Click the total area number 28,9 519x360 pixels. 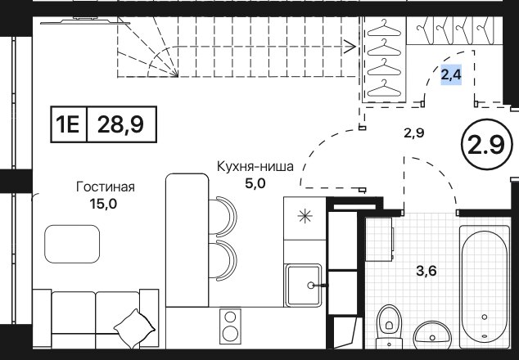pyautogui.click(x=121, y=124)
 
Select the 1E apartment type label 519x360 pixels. pyautogui.click(x=68, y=124)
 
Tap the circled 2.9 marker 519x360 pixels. pyautogui.click(x=485, y=145)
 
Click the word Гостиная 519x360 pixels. pyautogui.click(x=106, y=187)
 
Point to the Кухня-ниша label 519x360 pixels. pyautogui.click(x=255, y=166)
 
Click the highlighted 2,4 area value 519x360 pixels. pyautogui.click(x=451, y=74)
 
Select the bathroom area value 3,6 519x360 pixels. pyautogui.click(x=426, y=272)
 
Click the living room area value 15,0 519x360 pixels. pyautogui.click(x=103, y=205)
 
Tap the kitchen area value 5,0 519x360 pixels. pyautogui.click(x=255, y=183)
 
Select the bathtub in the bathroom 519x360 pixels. pyautogui.click(x=485, y=286)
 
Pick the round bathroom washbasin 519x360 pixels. pyautogui.click(x=432, y=335)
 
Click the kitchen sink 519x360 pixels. pyautogui.click(x=304, y=285)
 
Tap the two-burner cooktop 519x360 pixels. pyautogui.click(x=230, y=326)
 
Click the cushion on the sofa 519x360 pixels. pyautogui.click(x=134, y=329)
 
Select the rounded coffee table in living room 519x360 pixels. pyautogui.click(x=72, y=244)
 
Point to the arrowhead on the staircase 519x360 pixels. pyautogui.click(x=350, y=47)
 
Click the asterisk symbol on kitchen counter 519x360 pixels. pyautogui.click(x=305, y=216)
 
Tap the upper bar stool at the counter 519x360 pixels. pyautogui.click(x=223, y=216)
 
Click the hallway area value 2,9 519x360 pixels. pyautogui.click(x=414, y=133)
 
